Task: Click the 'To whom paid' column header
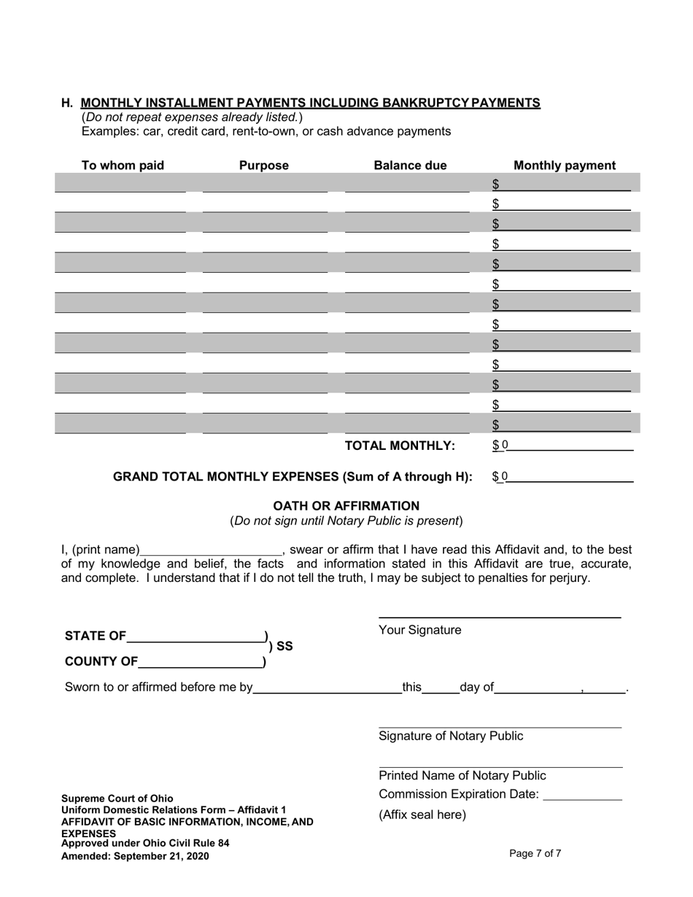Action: [123, 166]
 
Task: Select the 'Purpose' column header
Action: [264, 166]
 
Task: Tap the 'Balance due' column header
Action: [410, 166]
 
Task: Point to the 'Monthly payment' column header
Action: [565, 166]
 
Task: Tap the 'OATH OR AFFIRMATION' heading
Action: [346, 505]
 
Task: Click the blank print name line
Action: [210, 550]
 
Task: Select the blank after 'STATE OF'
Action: [195, 636]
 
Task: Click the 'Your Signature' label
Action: [419, 630]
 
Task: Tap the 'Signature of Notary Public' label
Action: [450, 736]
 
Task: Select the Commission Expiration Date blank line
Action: [583, 795]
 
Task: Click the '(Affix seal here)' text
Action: [422, 815]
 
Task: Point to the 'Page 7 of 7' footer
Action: [535, 853]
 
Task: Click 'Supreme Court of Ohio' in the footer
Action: [117, 798]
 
